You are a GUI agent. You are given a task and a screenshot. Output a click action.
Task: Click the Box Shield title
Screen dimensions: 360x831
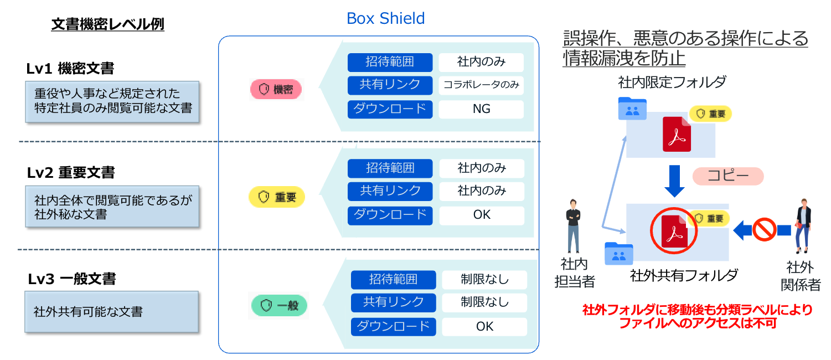tap(385, 18)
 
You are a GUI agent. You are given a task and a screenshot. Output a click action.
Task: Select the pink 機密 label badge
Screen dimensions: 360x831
tap(276, 89)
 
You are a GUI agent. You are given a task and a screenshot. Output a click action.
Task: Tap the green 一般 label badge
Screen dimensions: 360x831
tap(278, 305)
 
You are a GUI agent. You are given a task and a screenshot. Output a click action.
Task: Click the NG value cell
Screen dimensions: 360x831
tap(481, 109)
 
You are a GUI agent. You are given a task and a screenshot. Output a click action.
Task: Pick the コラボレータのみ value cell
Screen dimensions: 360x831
tap(481, 85)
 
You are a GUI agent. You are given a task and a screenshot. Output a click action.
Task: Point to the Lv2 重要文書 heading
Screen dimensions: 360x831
tap(71, 173)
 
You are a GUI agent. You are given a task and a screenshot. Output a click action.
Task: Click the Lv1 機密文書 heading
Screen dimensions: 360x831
tap(70, 69)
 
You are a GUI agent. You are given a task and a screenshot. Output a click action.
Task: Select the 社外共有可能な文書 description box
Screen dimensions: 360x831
tap(111, 311)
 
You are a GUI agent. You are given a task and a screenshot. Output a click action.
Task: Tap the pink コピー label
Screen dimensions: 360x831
tap(728, 177)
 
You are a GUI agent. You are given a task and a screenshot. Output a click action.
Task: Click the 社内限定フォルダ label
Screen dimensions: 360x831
tap(672, 83)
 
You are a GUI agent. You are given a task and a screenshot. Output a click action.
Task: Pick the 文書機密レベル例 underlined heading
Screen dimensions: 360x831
tap(107, 24)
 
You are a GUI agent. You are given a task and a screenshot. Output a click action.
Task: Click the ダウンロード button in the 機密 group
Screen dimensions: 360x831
tap(390, 109)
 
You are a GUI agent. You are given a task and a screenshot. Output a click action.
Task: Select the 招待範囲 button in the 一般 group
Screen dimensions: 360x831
tap(393, 280)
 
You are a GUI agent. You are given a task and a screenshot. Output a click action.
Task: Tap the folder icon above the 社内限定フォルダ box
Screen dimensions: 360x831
tap(631, 109)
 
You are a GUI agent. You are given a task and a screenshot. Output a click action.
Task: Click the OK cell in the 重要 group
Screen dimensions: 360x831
tap(482, 215)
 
